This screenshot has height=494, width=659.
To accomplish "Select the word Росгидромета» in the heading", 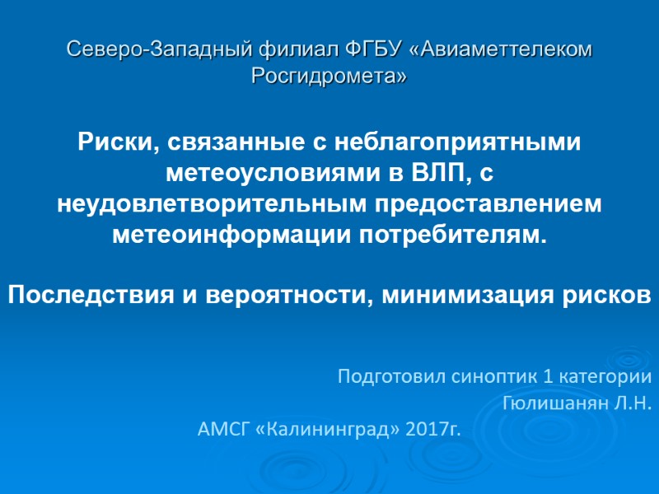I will [329, 77].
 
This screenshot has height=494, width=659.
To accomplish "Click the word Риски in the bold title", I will [111, 142].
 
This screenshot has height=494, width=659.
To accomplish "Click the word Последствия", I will [92, 294].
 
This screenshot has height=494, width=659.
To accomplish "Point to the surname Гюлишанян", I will [565, 403].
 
